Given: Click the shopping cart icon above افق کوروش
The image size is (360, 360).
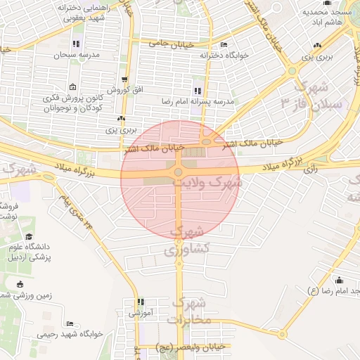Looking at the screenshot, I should (124, 79).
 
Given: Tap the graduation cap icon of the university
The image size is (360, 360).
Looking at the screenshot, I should (29, 237).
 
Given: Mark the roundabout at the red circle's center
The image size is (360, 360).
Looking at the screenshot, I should (179, 172).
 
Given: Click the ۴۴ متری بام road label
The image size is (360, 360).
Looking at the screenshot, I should (75, 215).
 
